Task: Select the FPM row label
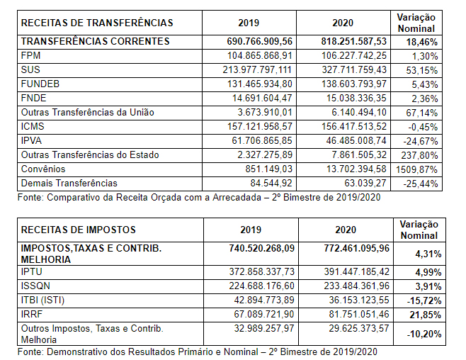pos(32,55)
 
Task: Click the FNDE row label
pos(35,98)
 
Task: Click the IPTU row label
pos(33,271)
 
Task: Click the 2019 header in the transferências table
pos(249,23)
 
